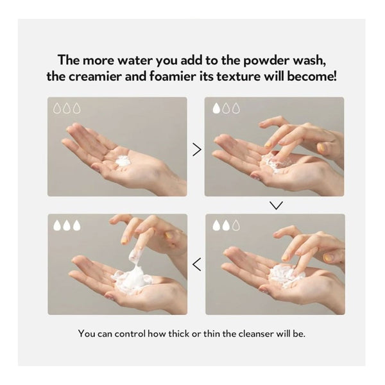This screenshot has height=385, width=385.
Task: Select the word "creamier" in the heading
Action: (95, 76)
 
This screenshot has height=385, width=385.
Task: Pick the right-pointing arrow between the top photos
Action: (197, 150)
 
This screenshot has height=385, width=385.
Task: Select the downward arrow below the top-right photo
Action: (276, 205)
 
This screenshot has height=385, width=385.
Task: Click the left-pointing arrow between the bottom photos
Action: (197, 264)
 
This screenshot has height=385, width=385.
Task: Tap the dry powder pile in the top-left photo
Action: (123, 161)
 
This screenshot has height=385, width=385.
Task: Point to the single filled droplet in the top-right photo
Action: (216, 108)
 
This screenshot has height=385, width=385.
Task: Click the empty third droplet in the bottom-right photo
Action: (236, 225)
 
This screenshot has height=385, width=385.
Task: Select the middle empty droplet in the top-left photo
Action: (67, 108)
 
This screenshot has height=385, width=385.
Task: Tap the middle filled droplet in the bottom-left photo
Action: (67, 225)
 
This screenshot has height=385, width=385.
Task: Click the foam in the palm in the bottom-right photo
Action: (285, 275)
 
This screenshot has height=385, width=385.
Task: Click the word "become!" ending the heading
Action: (312, 76)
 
